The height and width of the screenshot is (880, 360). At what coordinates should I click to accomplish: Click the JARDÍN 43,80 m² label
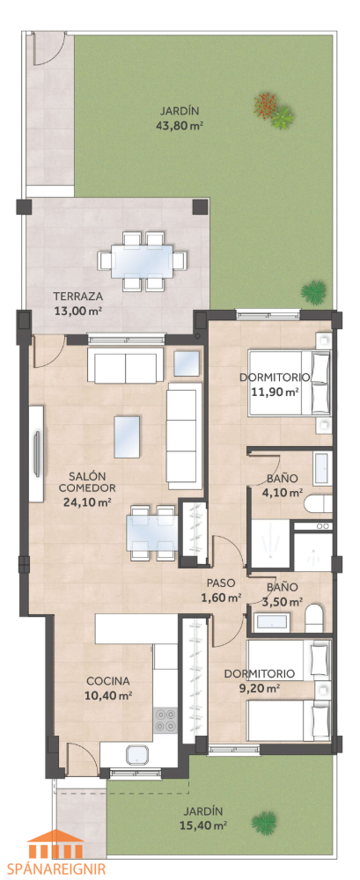tap(179, 118)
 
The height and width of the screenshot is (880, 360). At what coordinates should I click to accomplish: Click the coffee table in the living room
tap(127, 436)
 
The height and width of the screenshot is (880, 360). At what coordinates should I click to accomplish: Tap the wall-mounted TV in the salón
tap(37, 453)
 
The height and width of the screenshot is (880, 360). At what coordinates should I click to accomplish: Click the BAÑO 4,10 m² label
tap(284, 486)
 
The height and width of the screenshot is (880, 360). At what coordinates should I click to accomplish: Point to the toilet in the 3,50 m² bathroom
tap(313, 619)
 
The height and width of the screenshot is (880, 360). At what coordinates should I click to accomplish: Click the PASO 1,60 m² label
tap(221, 590)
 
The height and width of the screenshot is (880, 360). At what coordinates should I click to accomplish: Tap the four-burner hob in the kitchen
tap(165, 720)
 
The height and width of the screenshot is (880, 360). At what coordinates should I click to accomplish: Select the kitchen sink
tap(138, 755)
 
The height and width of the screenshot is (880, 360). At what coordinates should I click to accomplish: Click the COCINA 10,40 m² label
tap(109, 688)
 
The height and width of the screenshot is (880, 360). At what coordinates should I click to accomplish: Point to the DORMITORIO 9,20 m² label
tap(260, 679)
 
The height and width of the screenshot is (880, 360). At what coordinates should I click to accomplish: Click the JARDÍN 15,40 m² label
tap(204, 818)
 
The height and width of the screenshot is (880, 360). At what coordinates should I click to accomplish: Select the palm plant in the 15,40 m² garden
tap(264, 824)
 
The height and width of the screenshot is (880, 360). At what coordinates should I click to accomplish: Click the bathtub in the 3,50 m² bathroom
tap(272, 622)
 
